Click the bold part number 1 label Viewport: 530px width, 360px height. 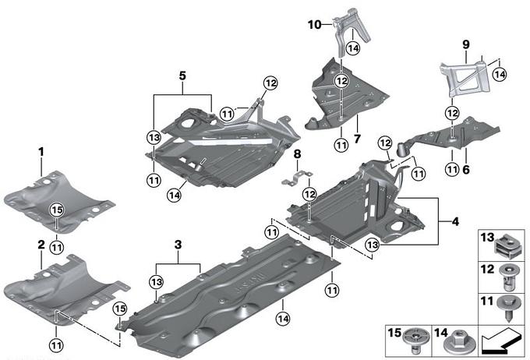click(41, 152)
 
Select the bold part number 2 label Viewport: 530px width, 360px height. click(41, 245)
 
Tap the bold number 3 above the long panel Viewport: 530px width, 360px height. click(178, 245)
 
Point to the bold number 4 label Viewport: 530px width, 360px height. click(455, 222)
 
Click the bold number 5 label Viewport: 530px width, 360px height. click(182, 76)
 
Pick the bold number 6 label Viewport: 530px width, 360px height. click(466, 169)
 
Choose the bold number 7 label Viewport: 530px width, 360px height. click(357, 139)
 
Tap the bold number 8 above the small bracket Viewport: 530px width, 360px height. click(297, 154)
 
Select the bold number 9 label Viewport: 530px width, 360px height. click(466, 44)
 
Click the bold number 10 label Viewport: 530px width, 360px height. click(314, 25)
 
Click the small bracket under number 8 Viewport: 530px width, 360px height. click(297, 178)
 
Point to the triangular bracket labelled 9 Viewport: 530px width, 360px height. click(465, 77)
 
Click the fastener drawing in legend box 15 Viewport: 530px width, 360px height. click(417, 341)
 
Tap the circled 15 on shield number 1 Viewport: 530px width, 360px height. click(57, 210)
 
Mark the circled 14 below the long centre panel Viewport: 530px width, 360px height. click(283, 319)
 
